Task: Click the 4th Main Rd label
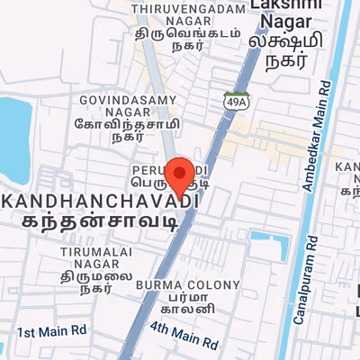[x=184, y=336]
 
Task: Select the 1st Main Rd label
[x=51, y=331]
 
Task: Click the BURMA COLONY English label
[x=188, y=285]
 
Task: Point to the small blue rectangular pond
[x=266, y=238]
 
